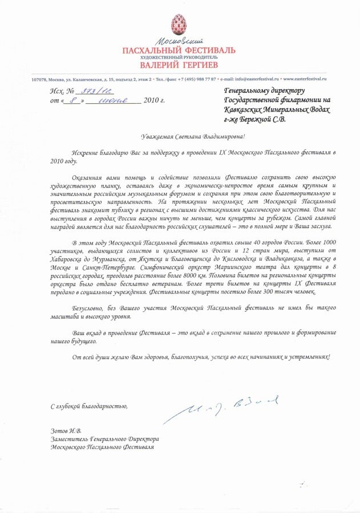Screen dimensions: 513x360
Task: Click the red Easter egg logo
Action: [179, 26]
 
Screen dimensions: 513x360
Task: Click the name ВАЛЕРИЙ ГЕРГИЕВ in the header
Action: [179, 64]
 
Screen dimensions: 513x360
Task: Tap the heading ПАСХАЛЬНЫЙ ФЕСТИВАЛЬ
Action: [179, 51]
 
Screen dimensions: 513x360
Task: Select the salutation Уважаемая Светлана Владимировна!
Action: [193, 136]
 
